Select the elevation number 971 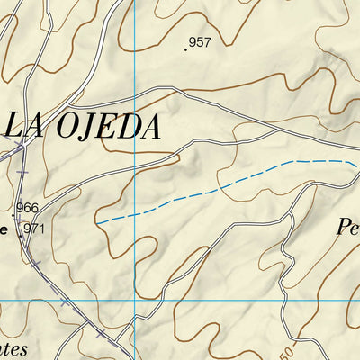pyautogui.click(x=34, y=229)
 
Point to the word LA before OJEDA pyautogui.click(x=23, y=126)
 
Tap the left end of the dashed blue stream pyautogui.click(x=96, y=220)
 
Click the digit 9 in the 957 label pyautogui.click(x=193, y=42)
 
